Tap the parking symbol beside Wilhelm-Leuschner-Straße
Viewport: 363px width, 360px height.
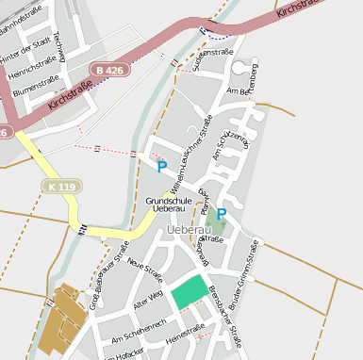point(161,168)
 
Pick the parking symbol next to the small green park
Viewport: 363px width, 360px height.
point(222,215)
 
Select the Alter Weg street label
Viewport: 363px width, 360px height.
point(148,299)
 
